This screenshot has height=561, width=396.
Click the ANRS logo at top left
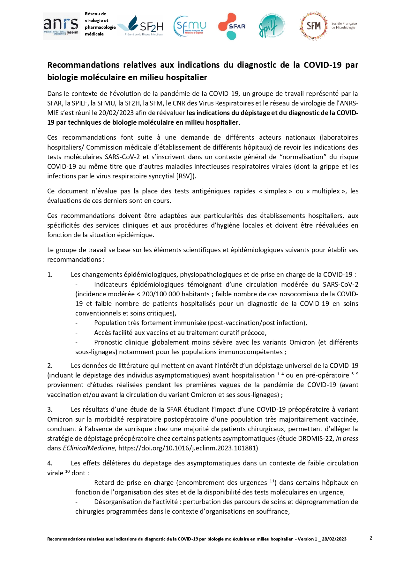(x=61, y=26)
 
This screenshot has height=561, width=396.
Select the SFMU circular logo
(x=190, y=26)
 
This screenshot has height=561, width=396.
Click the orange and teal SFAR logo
(x=232, y=26)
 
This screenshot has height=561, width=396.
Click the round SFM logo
(x=314, y=26)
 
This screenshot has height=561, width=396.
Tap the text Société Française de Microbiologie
(x=344, y=26)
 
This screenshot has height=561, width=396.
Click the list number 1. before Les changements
(x=50, y=275)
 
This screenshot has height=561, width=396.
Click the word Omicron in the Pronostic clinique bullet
(x=302, y=342)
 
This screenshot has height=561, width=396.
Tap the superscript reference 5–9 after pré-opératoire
(x=355, y=374)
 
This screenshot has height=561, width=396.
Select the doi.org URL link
(x=188, y=448)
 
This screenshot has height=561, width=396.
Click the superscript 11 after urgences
(x=272, y=481)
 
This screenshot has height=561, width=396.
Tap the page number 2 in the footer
(x=371, y=538)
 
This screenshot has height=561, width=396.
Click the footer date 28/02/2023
(x=334, y=539)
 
